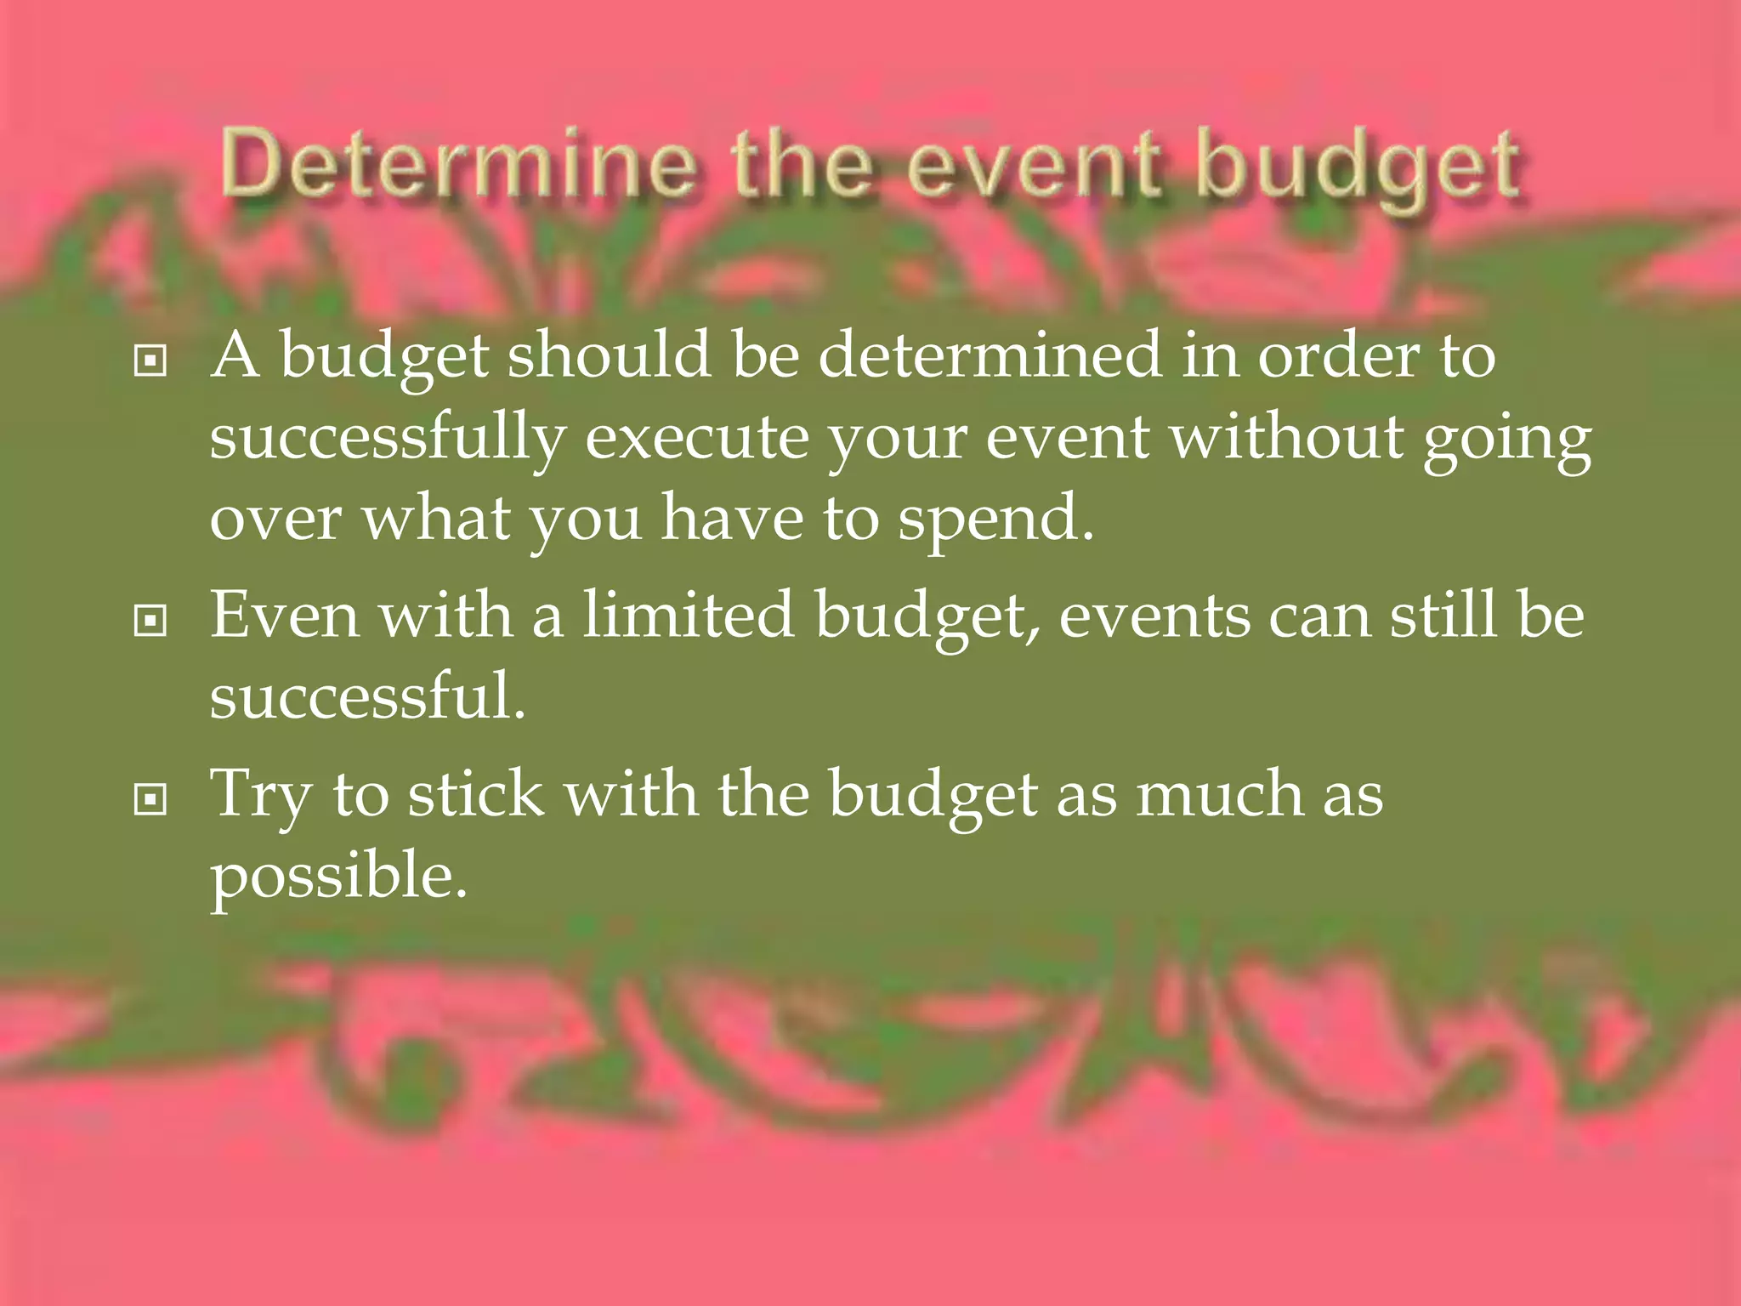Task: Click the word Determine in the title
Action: click(x=457, y=163)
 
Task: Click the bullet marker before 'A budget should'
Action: click(x=150, y=361)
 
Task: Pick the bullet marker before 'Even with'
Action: click(x=150, y=622)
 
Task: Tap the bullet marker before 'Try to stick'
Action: click(x=150, y=799)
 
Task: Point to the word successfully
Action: click(x=388, y=440)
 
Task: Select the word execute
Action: click(x=697, y=438)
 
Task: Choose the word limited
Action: click(x=688, y=614)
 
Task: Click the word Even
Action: click(x=285, y=614)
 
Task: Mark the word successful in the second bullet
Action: click(x=367, y=696)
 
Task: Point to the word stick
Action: click(x=476, y=793)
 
